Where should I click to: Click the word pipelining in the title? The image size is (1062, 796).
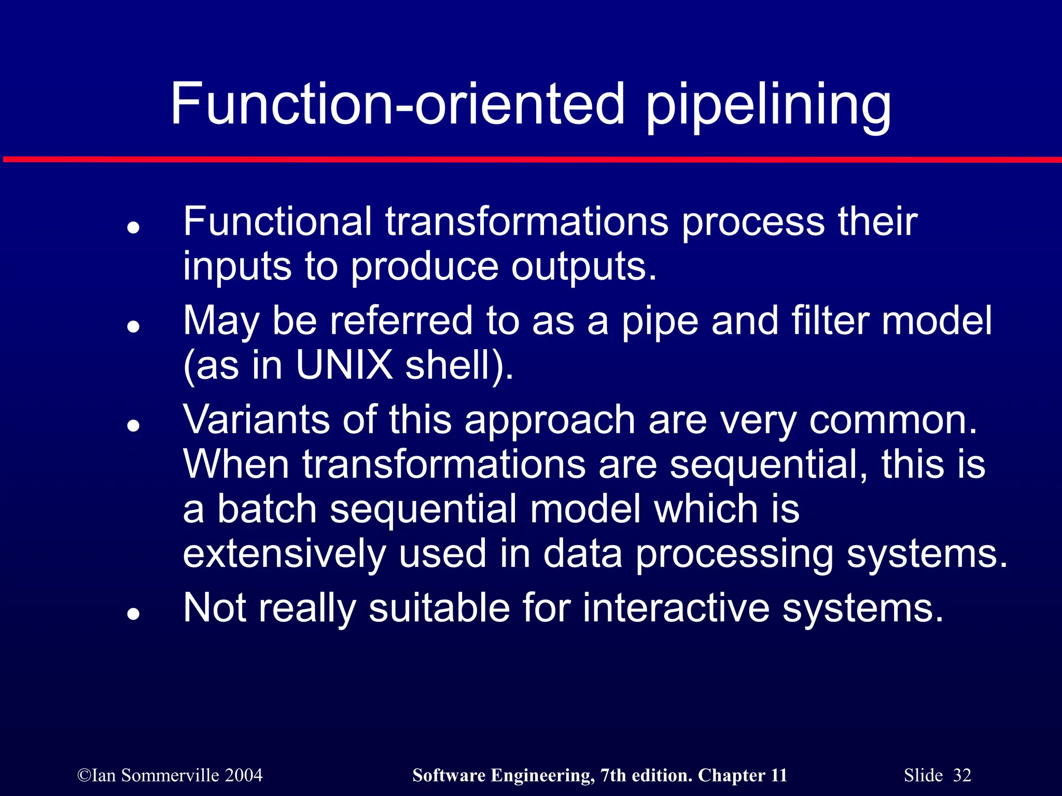click(768, 106)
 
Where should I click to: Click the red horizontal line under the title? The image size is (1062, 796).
click(531, 159)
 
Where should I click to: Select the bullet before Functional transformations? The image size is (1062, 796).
click(134, 228)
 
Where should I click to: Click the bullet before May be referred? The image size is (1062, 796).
click(134, 326)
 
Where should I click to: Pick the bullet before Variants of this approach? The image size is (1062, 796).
click(134, 425)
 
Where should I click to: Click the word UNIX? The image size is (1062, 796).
click(344, 365)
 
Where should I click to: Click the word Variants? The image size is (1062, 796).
click(256, 419)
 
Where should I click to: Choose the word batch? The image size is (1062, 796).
click(267, 509)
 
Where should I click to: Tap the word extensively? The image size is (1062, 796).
click(284, 553)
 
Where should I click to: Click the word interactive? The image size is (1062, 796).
click(676, 607)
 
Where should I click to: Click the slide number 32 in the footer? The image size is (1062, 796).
click(962, 775)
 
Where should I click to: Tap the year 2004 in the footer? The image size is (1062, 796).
click(244, 775)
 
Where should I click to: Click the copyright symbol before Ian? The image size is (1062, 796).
click(83, 776)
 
